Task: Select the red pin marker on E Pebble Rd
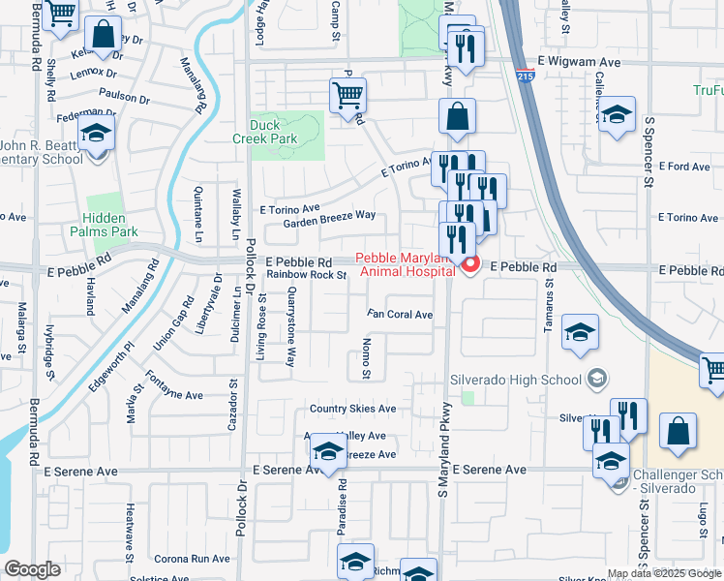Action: (x=470, y=264)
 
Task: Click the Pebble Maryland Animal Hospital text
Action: (x=405, y=264)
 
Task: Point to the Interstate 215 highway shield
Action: (x=525, y=74)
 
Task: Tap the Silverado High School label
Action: (x=517, y=379)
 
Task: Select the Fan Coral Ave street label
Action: (x=399, y=314)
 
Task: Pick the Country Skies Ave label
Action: (x=352, y=409)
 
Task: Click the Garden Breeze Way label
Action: (x=329, y=221)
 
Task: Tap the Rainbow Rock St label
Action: (x=307, y=275)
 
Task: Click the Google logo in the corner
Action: (x=32, y=569)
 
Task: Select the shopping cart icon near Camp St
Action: (x=347, y=97)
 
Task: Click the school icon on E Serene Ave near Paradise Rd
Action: (x=329, y=452)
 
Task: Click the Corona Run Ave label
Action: (x=192, y=559)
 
